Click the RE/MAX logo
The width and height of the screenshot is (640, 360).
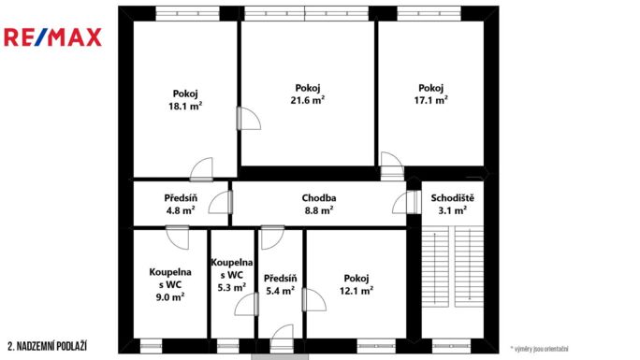click(53, 37)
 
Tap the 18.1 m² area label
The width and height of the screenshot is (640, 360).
click(185, 107)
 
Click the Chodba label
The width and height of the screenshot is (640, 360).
click(318, 198)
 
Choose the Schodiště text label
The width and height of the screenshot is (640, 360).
click(453, 198)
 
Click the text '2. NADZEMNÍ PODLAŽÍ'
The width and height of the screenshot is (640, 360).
click(48, 346)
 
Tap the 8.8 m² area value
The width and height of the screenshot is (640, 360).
click(319, 211)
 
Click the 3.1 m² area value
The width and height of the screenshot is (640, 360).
click(453, 211)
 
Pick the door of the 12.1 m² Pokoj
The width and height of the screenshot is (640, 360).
click(313, 300)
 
